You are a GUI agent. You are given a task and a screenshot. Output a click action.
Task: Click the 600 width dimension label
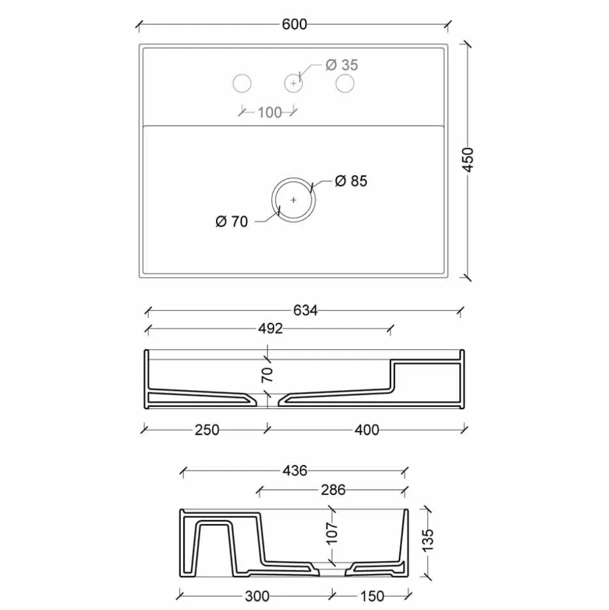pos(294,25)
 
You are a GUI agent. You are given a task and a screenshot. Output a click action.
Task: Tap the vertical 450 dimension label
pos(468,160)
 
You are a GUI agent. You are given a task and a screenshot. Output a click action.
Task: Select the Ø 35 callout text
pos(342,65)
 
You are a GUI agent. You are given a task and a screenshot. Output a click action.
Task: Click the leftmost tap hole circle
pos(242,84)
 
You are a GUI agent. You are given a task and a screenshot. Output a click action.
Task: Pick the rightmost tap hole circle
pos(345,84)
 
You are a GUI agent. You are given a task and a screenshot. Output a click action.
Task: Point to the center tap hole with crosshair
pos(293,84)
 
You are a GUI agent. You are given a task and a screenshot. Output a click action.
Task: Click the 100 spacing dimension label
pos(269,113)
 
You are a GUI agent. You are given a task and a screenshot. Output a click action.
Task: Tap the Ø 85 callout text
pos(351,181)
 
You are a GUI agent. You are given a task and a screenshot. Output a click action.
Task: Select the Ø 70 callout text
pos(232,222)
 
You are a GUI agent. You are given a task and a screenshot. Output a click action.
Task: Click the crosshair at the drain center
pos(293,200)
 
